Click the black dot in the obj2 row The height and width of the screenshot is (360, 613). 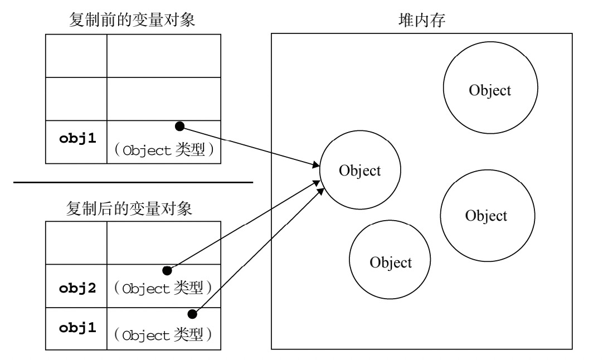coord(166,271)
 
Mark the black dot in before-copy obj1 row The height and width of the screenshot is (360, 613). coord(179,127)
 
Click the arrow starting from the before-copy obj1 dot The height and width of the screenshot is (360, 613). coord(251,146)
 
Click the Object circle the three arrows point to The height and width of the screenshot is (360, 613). coord(359,171)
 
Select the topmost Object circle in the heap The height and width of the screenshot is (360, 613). coord(490,90)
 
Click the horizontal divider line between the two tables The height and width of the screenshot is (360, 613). coord(133,182)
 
